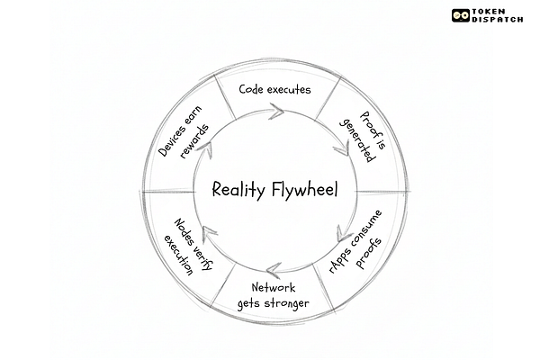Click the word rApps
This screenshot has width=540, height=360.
click(x=342, y=255)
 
